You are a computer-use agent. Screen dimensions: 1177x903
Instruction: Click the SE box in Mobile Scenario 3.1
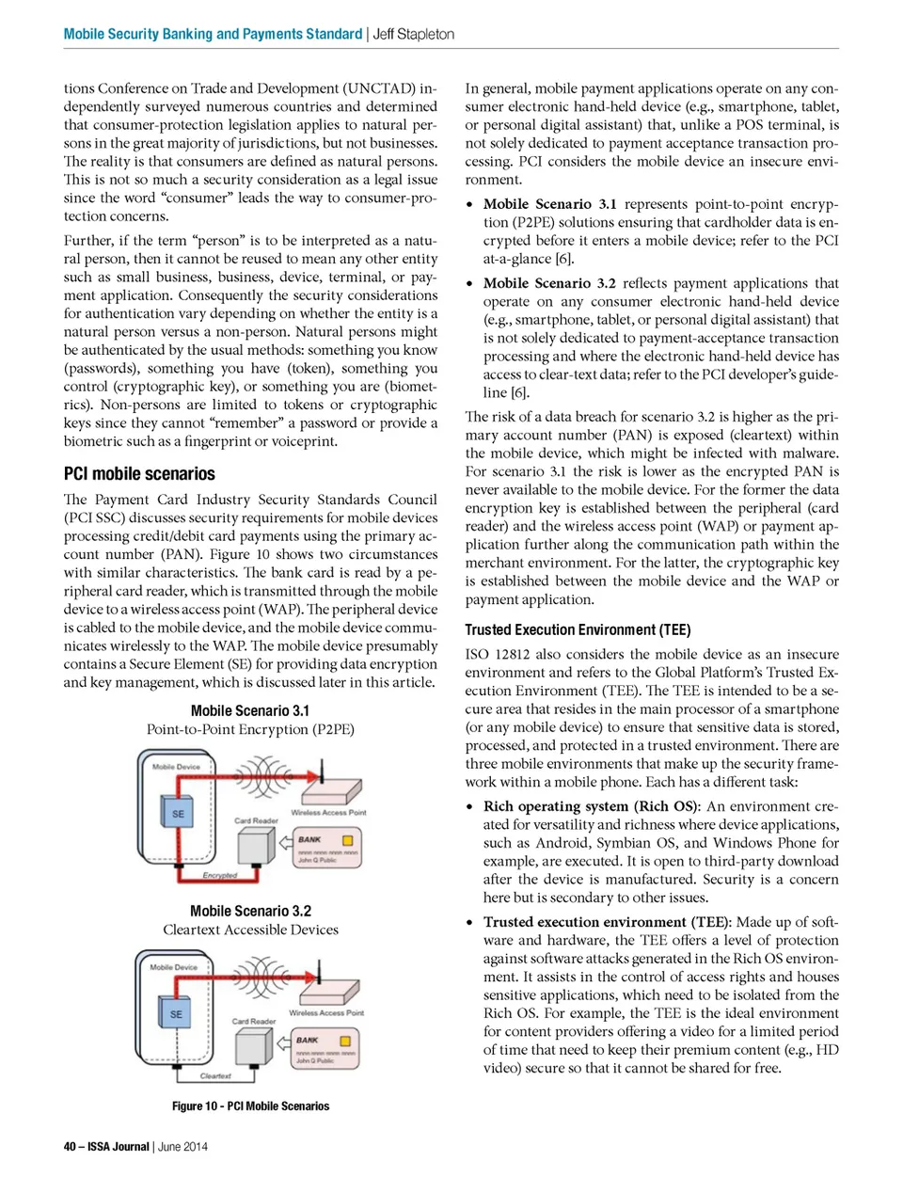pos(178,813)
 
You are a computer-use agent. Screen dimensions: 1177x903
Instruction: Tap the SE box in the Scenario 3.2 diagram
pos(176,1013)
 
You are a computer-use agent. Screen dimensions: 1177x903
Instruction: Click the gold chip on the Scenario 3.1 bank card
pos(347,840)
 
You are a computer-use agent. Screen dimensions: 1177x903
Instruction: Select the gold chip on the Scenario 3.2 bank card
pos(345,1041)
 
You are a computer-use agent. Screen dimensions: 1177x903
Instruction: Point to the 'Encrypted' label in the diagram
pos(219,875)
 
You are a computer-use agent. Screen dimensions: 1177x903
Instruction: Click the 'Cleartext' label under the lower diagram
pos(215,1075)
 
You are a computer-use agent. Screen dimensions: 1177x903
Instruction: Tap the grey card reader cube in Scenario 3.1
pos(255,844)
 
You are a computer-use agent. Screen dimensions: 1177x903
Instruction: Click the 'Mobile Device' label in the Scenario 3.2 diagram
pos(174,967)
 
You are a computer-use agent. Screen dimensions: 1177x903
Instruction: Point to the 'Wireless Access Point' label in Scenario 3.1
pos(328,812)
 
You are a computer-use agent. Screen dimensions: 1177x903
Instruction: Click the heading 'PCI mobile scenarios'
pos(139,474)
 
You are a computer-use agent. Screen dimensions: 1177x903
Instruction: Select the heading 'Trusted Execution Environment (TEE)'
pos(578,629)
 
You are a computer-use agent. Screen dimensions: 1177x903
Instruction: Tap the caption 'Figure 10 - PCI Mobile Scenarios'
pos(250,1106)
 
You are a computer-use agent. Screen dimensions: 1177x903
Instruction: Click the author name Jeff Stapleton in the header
pos(414,34)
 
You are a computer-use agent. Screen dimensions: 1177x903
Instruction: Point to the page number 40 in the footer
pos(70,1146)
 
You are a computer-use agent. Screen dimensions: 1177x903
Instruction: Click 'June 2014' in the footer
pos(182,1146)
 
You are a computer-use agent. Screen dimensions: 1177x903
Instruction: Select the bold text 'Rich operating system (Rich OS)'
pos(591,806)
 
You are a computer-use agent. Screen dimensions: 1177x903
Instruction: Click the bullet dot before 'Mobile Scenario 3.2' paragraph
pos(470,283)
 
